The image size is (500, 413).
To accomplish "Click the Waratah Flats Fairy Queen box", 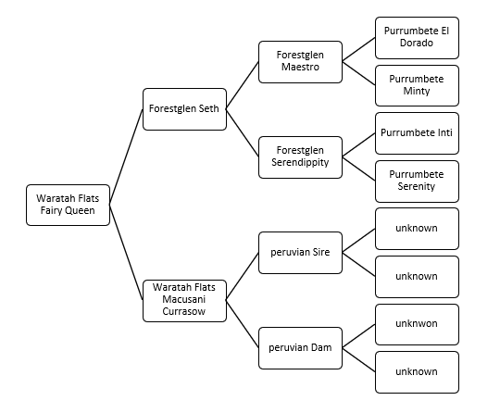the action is pos(68,205).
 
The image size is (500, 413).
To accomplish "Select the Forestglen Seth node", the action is pos(184,109).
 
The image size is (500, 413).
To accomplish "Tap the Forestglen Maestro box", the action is pos(300,62).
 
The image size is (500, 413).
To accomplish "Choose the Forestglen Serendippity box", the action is pos(300,157).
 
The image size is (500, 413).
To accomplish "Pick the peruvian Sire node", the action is pos(300,253).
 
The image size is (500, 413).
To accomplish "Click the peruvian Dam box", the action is pos(300,348).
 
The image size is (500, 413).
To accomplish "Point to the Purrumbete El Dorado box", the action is pos(417,38).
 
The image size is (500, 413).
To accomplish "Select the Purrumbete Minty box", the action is pos(417,85).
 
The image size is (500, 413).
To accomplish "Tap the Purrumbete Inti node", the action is pos(417,133).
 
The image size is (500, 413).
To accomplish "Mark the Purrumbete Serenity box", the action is pos(417,181).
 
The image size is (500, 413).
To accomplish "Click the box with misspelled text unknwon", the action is pos(417,324).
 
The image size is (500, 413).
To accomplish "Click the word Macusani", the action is pos(184,299).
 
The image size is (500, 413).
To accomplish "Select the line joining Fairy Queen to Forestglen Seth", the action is pos(126,156).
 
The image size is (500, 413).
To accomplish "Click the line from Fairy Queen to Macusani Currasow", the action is pos(126,252).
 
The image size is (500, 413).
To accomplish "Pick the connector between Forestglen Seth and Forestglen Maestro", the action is pos(243,85).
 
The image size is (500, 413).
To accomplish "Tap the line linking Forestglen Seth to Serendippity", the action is pos(243,133).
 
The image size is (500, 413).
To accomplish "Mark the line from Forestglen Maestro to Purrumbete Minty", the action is pos(358,73).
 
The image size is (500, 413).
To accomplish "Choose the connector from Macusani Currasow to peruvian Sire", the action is pos(243,277).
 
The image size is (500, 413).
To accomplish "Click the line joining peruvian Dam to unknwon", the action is pos(358,336).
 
